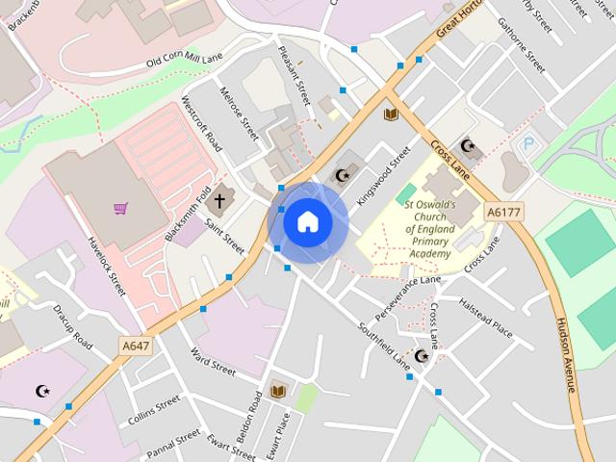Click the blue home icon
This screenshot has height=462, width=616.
pos(307,221)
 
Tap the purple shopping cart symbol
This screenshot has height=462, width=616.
pos(120,207)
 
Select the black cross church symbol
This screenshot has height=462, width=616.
pos(219,201)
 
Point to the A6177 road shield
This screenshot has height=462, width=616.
pos(501,212)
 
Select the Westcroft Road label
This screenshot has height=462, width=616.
pos(201,126)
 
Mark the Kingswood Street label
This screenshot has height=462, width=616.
pos(383,174)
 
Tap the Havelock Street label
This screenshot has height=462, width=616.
pos(105,266)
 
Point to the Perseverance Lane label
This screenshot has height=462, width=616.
pos(407,296)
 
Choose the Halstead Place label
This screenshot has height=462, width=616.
pos(485,315)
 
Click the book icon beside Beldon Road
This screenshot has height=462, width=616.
pos(278,390)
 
